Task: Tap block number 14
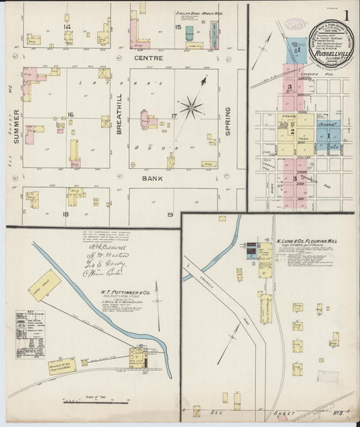(x=67, y=26)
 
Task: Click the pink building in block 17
(x=146, y=120)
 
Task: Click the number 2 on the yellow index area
(x=292, y=131)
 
